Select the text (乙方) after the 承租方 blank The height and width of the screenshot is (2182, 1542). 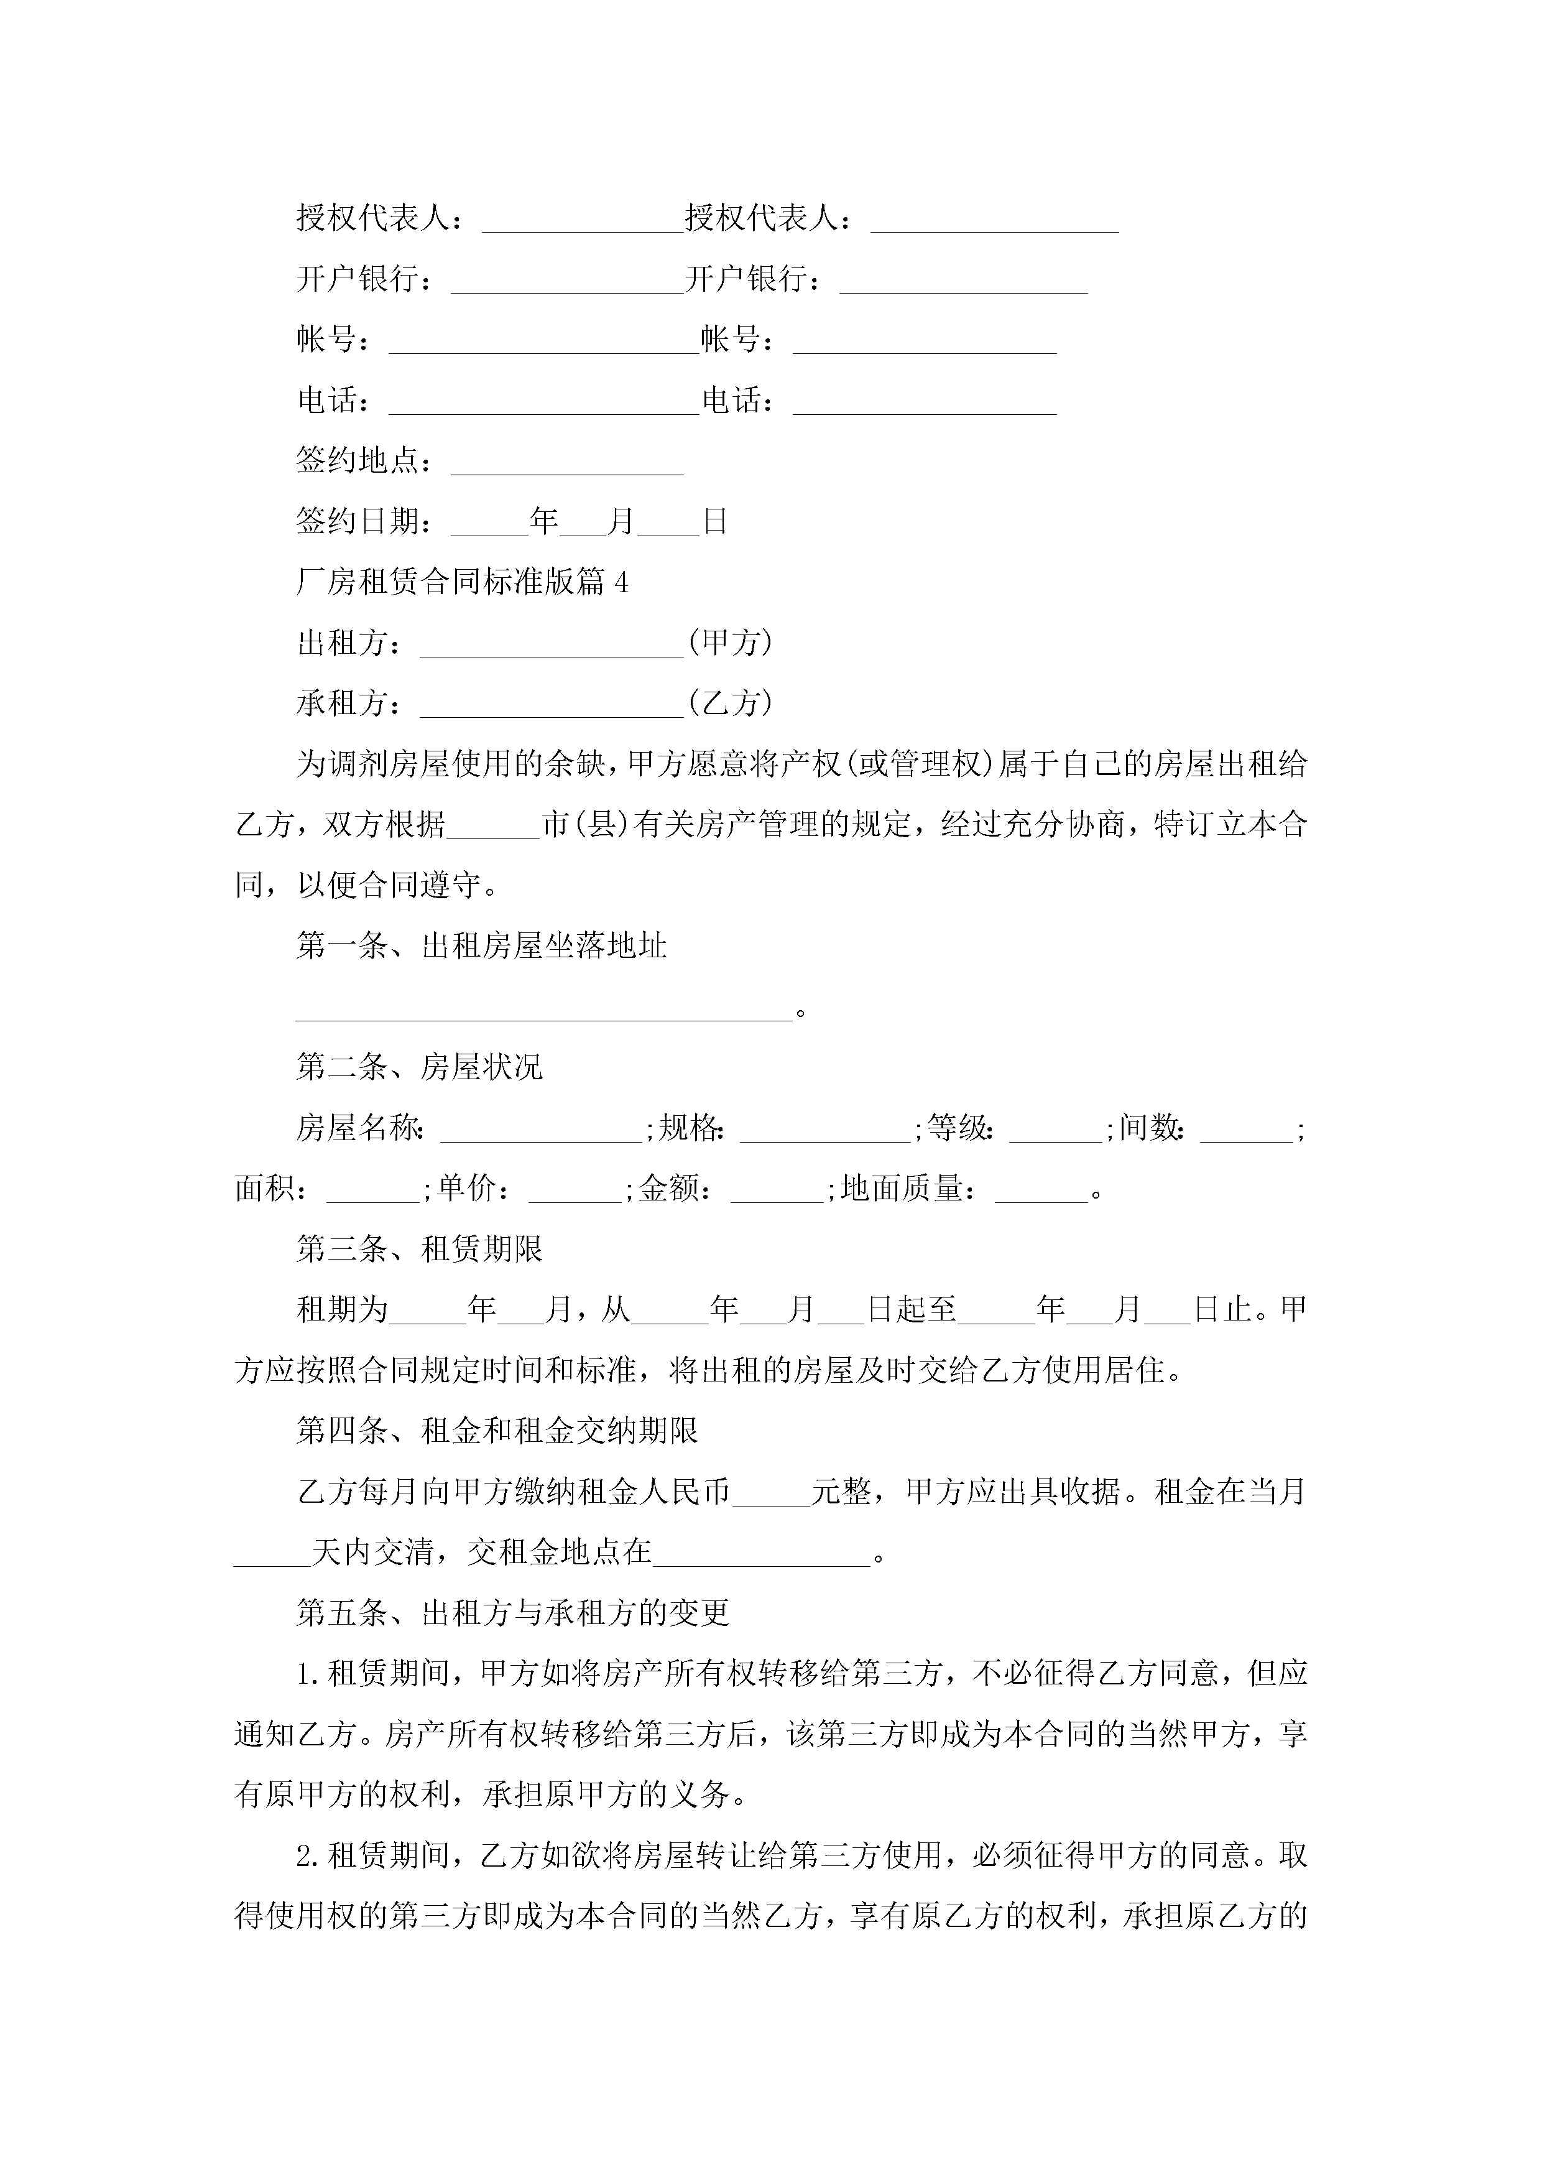point(730,703)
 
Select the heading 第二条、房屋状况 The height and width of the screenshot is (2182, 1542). point(419,1067)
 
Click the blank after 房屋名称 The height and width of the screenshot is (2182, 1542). point(540,1130)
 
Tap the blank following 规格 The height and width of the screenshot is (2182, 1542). point(824,1130)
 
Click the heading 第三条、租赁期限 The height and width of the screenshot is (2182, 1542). point(419,1249)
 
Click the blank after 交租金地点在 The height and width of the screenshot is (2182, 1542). point(761,1553)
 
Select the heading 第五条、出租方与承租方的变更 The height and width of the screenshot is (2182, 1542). point(512,1613)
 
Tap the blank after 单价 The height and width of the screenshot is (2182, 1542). point(575,1191)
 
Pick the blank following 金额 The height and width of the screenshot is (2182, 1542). point(776,1191)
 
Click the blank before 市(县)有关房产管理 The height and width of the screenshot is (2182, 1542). point(492,827)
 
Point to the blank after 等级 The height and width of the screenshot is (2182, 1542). point(1056,1130)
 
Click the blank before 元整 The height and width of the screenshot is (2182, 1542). point(770,1493)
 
